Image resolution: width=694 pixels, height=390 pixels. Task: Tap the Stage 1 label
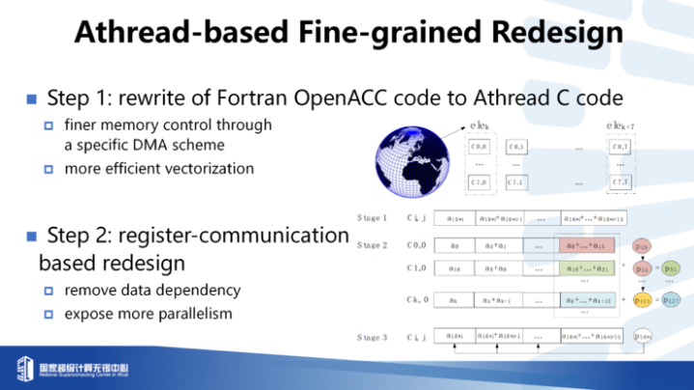(372, 218)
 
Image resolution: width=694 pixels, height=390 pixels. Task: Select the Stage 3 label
(372, 336)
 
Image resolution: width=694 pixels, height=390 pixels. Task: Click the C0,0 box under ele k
(479, 147)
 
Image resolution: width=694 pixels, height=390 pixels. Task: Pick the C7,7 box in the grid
(621, 181)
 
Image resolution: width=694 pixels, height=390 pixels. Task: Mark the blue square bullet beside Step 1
(31, 98)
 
